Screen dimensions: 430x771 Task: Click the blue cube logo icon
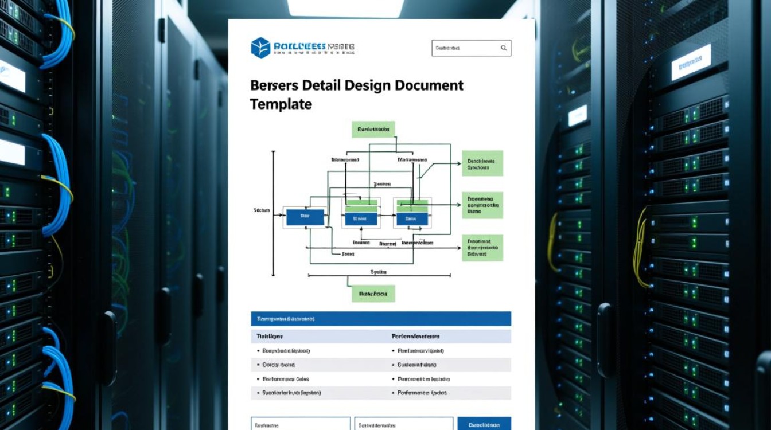point(260,48)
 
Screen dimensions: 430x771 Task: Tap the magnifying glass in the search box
point(504,48)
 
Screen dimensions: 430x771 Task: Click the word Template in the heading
point(281,104)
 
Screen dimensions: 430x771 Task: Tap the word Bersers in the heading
point(274,85)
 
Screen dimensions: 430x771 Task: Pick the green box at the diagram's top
point(373,130)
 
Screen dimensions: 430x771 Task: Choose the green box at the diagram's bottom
point(373,294)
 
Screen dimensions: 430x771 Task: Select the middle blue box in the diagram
point(360,218)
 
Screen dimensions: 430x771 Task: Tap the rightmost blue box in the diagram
point(411,218)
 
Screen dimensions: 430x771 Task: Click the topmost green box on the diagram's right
point(482,163)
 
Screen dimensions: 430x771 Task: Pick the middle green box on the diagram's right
point(482,205)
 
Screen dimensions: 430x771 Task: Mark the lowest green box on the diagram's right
point(482,248)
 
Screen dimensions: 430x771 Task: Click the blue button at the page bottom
point(484,424)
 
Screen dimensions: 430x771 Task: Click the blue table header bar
point(380,319)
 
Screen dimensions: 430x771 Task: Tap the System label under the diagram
point(379,272)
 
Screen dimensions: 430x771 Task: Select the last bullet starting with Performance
point(422,393)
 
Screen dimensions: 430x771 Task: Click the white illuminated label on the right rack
point(691,62)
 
